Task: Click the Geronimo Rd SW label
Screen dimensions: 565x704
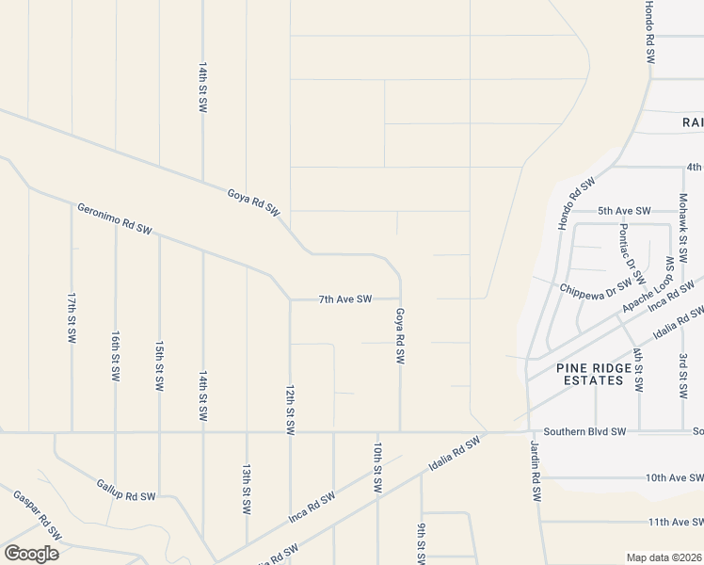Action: (114, 217)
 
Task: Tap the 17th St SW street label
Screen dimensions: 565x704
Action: (72, 316)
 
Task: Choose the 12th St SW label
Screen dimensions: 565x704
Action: (290, 408)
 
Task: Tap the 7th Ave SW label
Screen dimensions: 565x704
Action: (344, 299)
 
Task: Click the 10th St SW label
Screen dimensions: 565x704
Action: (376, 467)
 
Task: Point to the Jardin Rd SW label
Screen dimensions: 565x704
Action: (534, 470)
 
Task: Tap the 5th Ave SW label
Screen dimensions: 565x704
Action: (624, 211)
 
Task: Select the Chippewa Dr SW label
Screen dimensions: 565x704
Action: (596, 289)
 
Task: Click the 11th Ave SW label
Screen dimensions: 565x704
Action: (675, 521)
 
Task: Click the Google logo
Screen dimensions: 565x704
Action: (31, 554)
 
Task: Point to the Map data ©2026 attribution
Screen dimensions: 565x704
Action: (663, 557)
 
